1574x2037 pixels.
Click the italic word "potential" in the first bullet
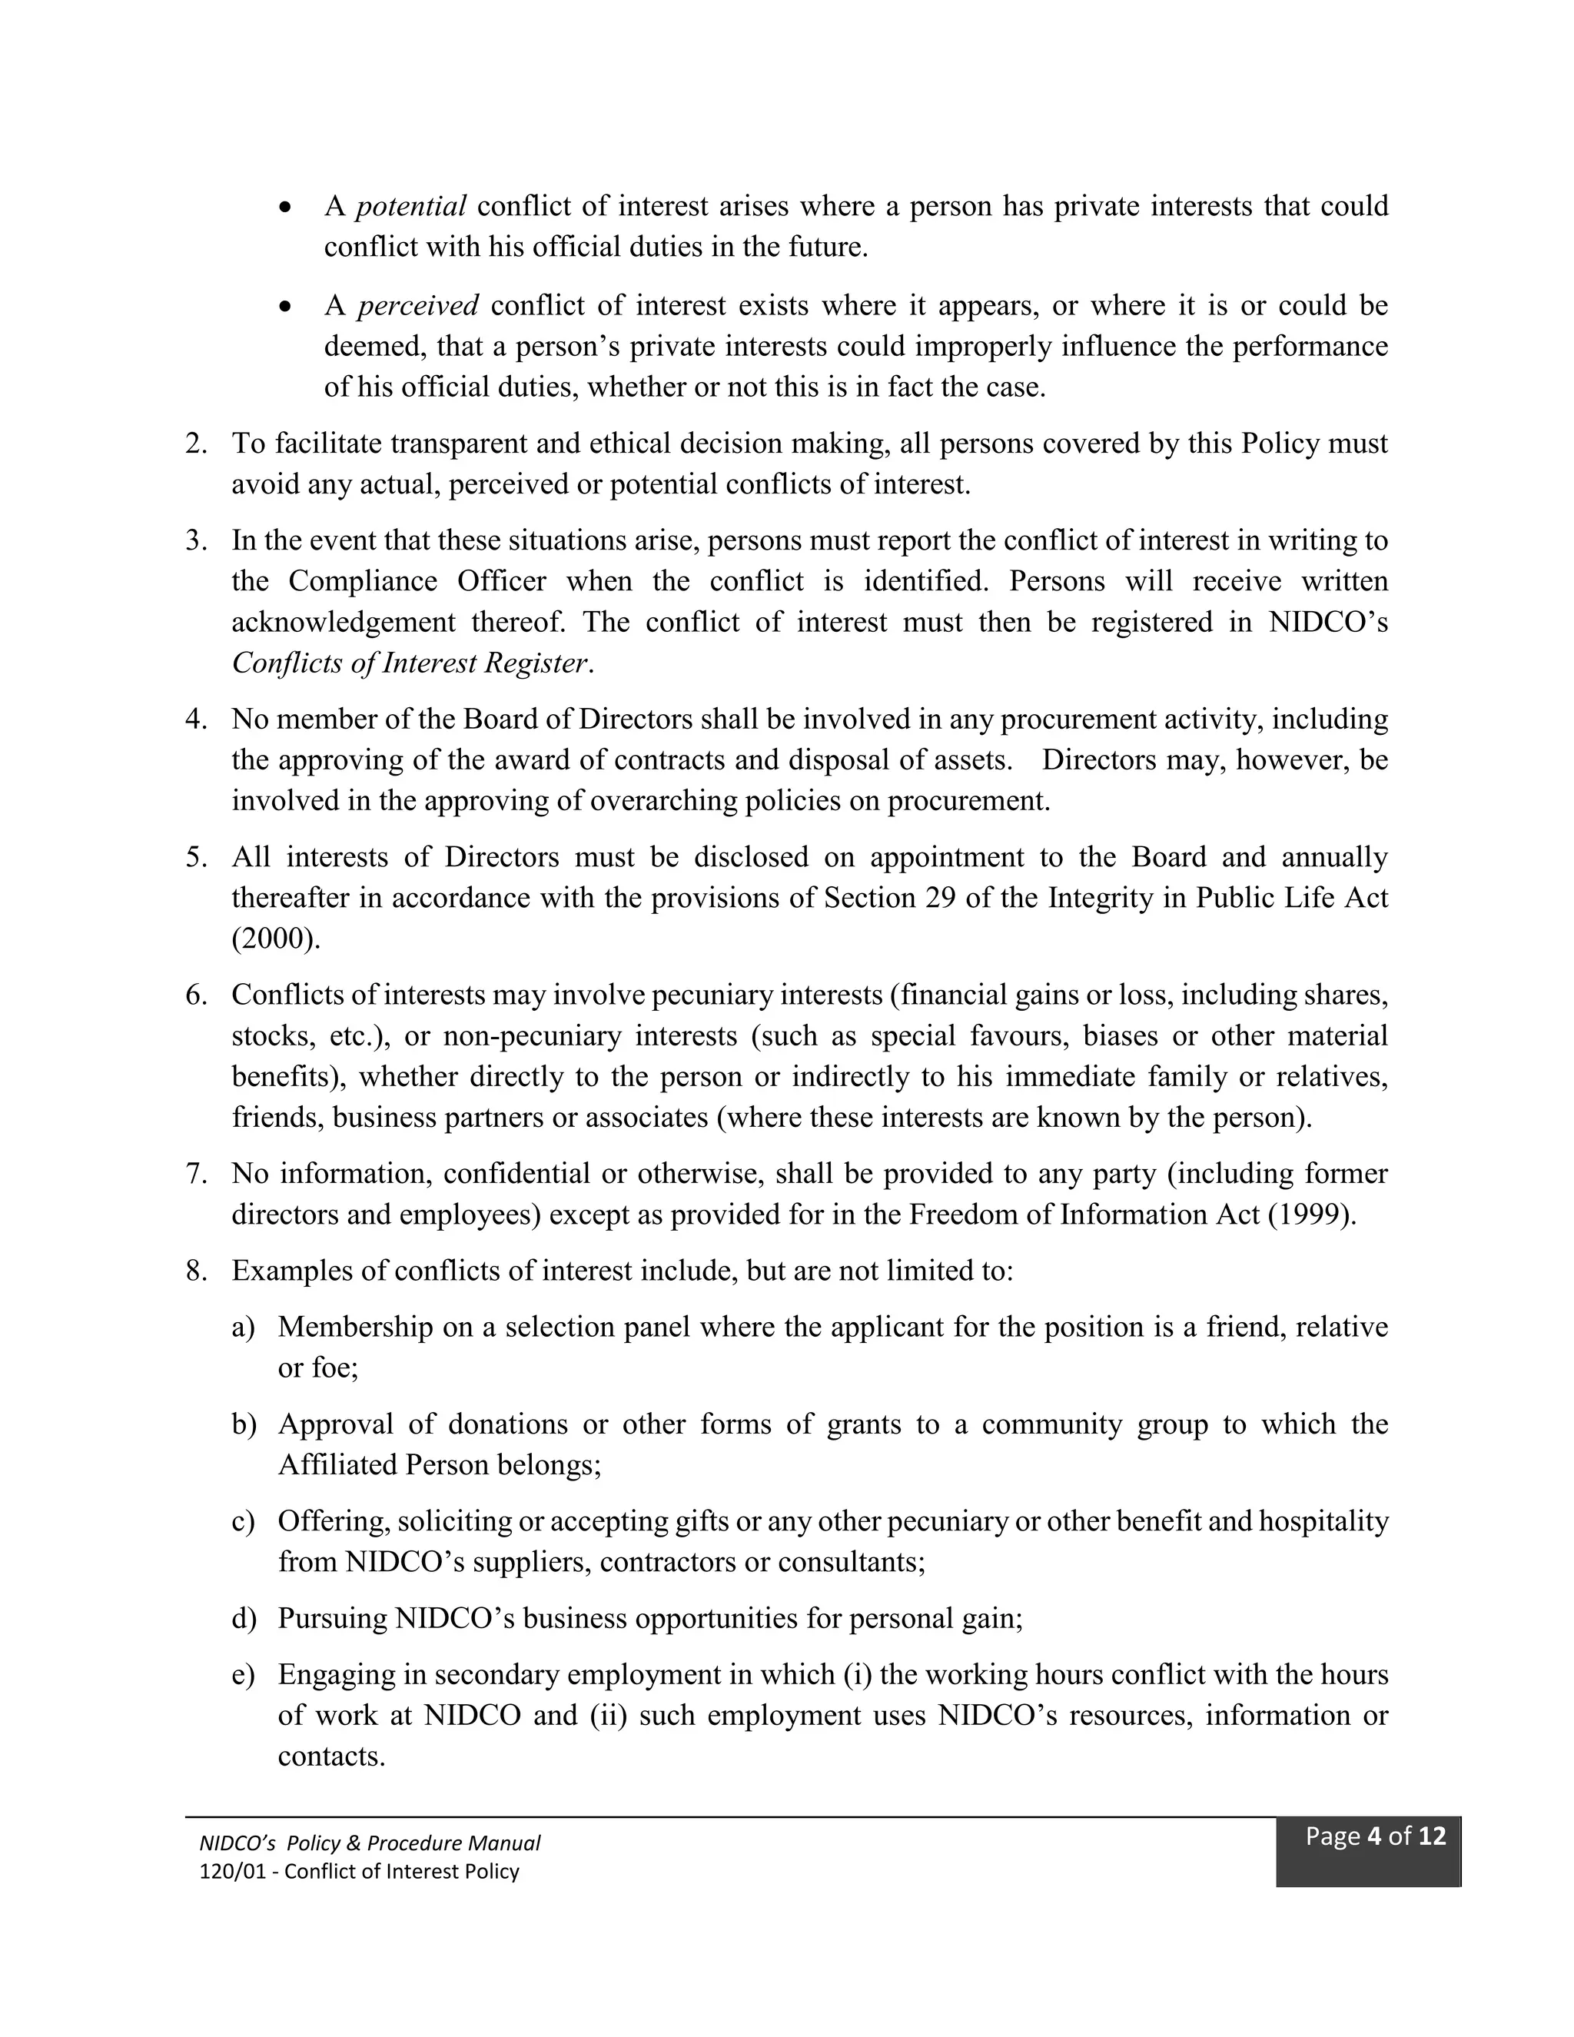410,206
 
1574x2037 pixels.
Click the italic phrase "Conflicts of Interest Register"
410,663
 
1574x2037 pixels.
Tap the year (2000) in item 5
275,939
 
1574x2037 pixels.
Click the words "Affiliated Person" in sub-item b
384,1465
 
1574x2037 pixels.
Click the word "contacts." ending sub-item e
331,1757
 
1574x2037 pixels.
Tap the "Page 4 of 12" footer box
1367,1853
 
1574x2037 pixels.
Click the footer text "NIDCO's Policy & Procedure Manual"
369,1843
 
